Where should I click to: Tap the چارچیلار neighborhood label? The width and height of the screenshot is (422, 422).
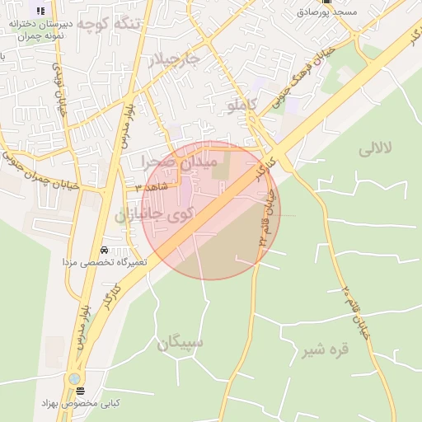pos(174,59)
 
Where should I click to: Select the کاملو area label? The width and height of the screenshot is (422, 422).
pos(241,105)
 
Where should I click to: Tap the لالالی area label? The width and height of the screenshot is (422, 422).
pos(377,149)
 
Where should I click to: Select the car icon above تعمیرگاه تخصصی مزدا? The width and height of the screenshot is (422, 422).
pos(103,250)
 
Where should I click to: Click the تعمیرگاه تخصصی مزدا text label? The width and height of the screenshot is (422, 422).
pos(103,261)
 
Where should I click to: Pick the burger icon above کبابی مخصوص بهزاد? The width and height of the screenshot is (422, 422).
pos(81,391)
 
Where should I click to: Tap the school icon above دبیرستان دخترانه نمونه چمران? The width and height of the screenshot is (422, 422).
pos(40,10)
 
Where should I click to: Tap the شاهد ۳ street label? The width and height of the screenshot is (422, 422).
pos(151,187)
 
